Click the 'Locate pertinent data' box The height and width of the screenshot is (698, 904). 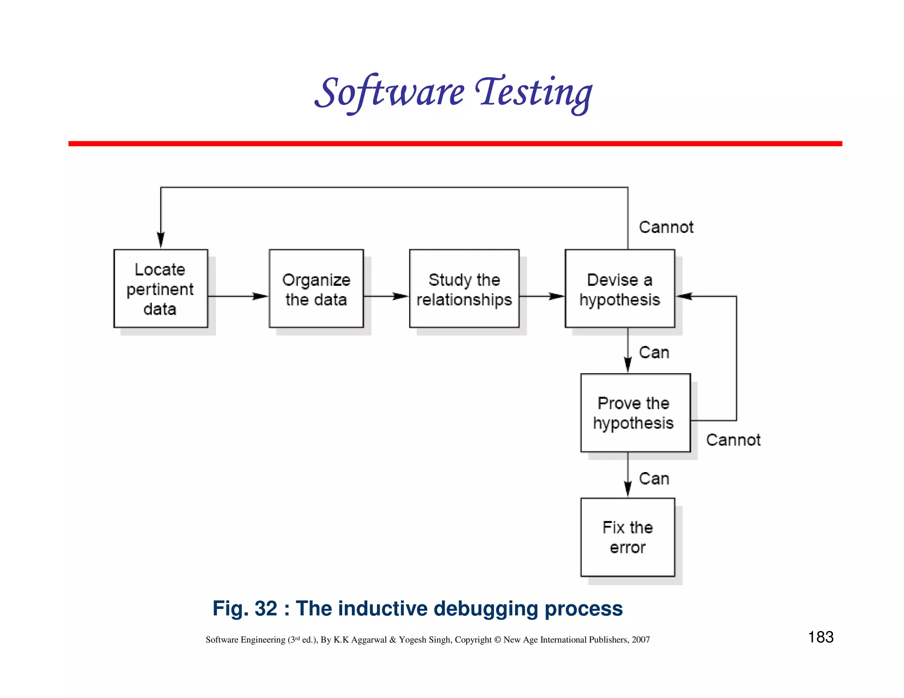pos(161,289)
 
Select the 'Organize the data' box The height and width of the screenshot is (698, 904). pos(316,289)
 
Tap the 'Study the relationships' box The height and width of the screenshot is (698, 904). pos(464,289)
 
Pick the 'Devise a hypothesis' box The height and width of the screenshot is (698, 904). pos(620,289)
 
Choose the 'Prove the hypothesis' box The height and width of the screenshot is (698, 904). pos(635,413)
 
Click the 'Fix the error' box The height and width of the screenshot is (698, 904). pos(628,537)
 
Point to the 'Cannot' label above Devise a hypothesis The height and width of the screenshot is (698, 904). pos(666,227)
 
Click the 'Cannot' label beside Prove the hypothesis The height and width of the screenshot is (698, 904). pos(733,440)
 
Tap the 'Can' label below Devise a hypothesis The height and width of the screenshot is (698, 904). pos(654,353)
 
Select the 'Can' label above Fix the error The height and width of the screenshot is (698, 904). pos(654,479)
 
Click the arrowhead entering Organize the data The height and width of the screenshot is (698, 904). pos(261,296)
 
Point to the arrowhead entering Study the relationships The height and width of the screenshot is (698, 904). pos(401,296)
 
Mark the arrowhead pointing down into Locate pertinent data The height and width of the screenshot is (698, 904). pos(161,240)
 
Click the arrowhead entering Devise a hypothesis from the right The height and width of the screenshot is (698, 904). pos(684,296)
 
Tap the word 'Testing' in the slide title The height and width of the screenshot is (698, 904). pos(534,93)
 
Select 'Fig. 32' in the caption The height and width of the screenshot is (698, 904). pos(245,608)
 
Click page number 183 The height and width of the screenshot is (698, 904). pos(821,637)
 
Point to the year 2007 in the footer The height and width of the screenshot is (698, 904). pos(640,640)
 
